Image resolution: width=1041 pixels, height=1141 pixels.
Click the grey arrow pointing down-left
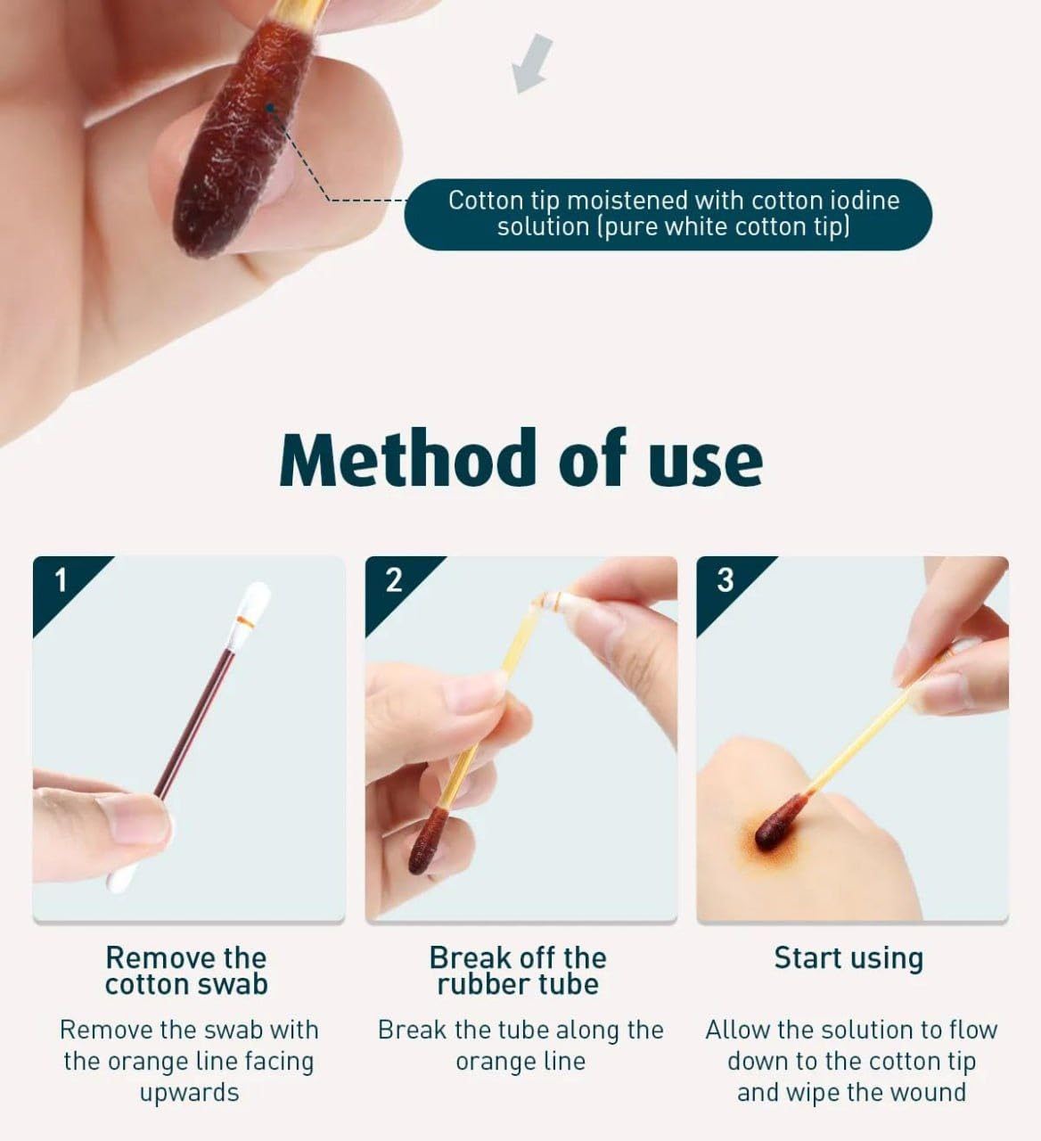532,63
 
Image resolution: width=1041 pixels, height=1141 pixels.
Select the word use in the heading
705,463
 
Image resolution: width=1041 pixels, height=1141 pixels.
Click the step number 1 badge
61,580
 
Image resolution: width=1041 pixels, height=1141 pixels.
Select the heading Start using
848,959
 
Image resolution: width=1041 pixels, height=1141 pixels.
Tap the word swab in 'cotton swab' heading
233,984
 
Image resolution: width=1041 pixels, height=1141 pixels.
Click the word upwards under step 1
190,1093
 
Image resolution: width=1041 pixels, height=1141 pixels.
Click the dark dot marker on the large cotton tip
270,108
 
